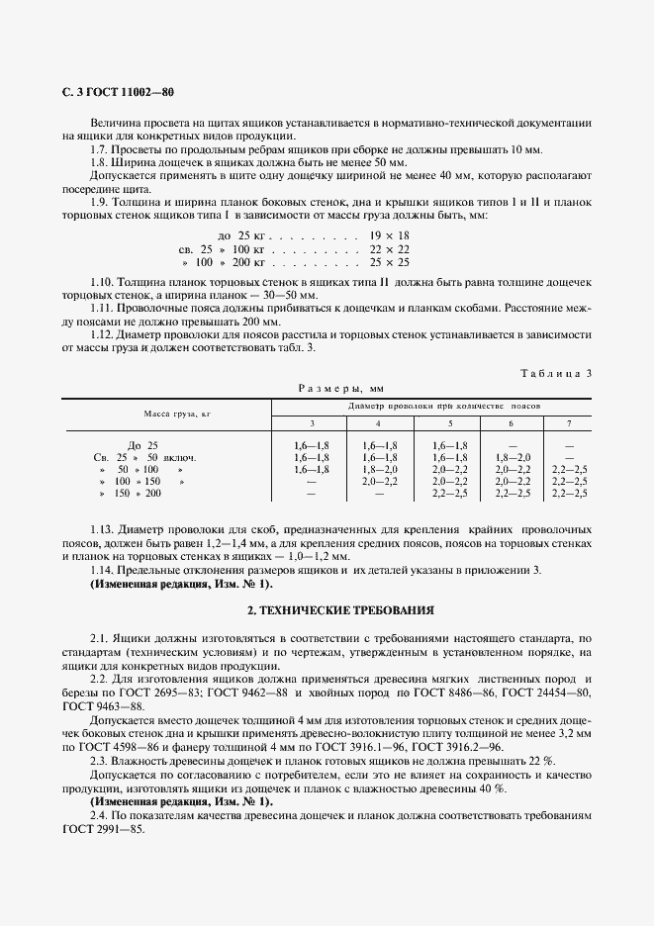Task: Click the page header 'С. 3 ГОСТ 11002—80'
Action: (x=118, y=92)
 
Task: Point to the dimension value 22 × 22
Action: (x=389, y=250)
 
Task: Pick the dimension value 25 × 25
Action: (x=389, y=263)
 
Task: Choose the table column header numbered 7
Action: (x=568, y=423)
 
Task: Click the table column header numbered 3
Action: (x=312, y=423)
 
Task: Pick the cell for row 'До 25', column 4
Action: (x=380, y=446)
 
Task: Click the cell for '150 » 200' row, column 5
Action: (x=449, y=492)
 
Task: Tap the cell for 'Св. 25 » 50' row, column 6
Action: (x=512, y=458)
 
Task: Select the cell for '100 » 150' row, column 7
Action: (x=568, y=481)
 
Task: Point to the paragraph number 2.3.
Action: (x=99, y=760)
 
